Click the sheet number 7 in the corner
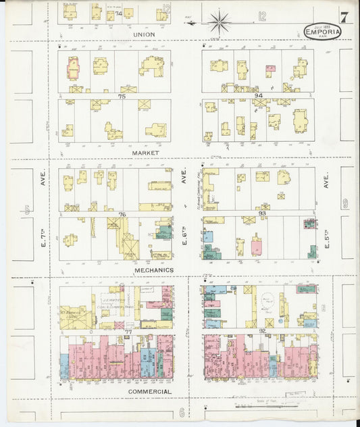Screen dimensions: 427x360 [x=344, y=16]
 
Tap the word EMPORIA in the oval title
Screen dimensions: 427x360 [x=322, y=31]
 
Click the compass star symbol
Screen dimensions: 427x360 [x=219, y=22]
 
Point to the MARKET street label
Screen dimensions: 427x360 [x=145, y=153]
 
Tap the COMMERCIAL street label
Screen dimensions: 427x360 [x=149, y=391]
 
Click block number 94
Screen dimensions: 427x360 [x=258, y=96]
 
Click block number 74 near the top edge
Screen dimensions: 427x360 [x=119, y=13]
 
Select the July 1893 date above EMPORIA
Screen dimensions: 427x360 [x=323, y=25]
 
